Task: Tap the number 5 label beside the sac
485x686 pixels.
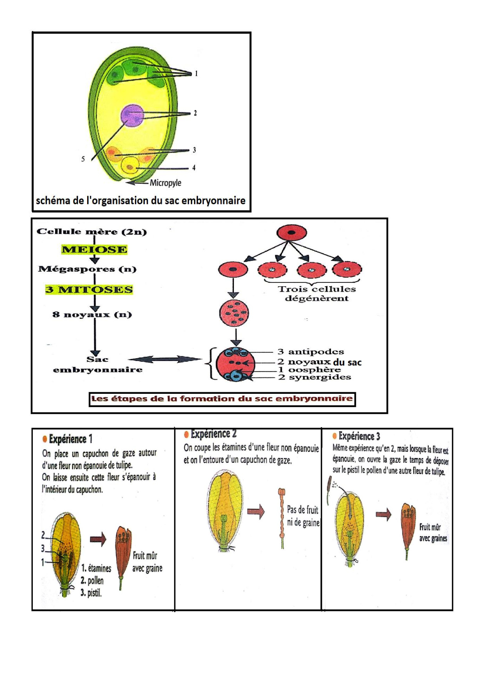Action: tap(83, 159)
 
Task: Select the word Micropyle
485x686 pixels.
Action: tap(165, 183)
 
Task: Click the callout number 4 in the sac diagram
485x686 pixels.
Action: tap(194, 168)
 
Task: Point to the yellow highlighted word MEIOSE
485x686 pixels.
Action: tap(94, 249)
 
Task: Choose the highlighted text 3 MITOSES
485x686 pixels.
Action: tap(89, 289)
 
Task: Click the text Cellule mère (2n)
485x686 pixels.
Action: tap(92, 232)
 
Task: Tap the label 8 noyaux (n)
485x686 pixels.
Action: tap(92, 314)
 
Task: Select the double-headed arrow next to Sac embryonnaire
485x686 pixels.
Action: tap(165, 359)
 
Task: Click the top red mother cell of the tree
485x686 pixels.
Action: tap(291, 233)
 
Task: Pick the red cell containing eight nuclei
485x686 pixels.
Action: tap(234, 313)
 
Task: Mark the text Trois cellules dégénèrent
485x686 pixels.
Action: tap(316, 294)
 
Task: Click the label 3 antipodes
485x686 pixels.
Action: tap(311, 352)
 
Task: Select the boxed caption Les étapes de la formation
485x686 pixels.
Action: tap(222, 399)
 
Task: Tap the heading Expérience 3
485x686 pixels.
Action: tap(359, 436)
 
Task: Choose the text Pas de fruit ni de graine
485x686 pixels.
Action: tap(303, 516)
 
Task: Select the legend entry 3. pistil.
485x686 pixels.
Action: tap(91, 593)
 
